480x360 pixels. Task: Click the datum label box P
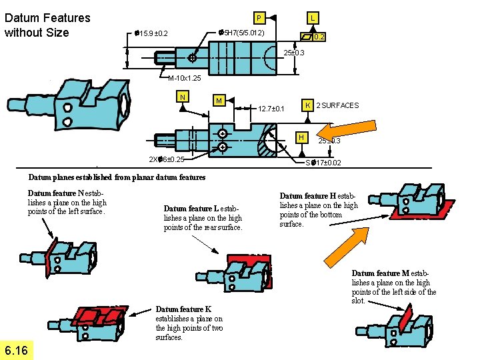click(259, 17)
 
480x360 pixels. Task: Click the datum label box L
click(313, 17)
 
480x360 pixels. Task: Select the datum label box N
click(182, 97)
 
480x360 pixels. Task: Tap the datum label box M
click(218, 100)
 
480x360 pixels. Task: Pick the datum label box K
click(307, 105)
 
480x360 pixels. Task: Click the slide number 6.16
click(15, 351)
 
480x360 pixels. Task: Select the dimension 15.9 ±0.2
click(151, 33)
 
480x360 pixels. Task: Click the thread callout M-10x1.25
click(185, 78)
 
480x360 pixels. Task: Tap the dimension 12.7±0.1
click(271, 109)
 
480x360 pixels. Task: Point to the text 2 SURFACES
click(337, 105)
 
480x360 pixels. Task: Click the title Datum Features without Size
click(47, 25)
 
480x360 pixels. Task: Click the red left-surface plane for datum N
click(48, 257)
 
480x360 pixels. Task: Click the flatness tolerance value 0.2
click(319, 37)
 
